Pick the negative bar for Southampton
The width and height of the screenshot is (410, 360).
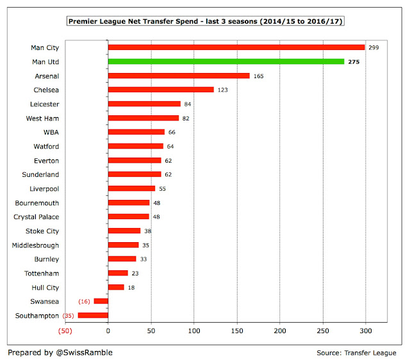pos(93,315)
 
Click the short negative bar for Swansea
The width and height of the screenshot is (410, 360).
pos(101,301)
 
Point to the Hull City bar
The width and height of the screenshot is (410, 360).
pos(116,287)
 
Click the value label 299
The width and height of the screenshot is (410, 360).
pos(374,47)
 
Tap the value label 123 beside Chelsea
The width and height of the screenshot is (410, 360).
pos(222,90)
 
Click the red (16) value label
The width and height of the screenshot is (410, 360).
pos(84,301)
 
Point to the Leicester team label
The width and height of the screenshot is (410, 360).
pos(44,104)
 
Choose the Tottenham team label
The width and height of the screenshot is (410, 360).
pos(43,273)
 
